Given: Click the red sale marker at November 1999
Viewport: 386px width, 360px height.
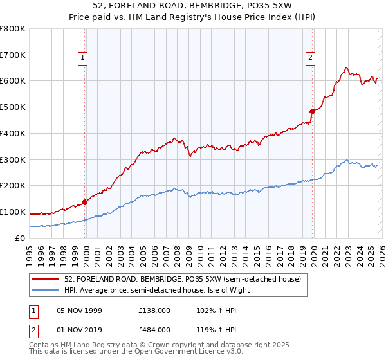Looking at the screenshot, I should pos(85,201).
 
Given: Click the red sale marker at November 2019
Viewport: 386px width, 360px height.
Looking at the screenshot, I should pos(312,111).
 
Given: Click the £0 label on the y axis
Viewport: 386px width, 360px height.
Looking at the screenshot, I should pos(21,238).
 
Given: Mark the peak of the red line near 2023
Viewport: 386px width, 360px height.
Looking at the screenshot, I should pos(346,67).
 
